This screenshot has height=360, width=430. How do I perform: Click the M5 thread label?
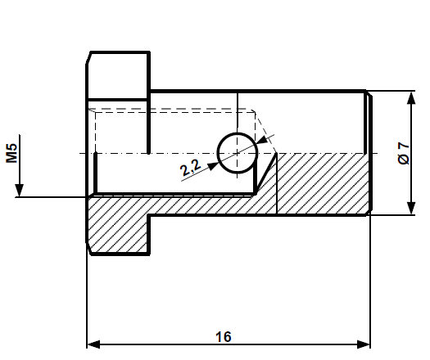tap(11, 153)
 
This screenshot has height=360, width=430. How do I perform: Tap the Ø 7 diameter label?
tap(402, 153)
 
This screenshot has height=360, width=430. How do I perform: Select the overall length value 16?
tap(224, 336)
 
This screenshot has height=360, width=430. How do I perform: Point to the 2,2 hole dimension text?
tap(190, 169)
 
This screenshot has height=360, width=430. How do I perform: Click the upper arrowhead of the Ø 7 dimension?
tap(409, 97)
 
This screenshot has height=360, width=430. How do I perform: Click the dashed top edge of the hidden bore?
tap(172, 110)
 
